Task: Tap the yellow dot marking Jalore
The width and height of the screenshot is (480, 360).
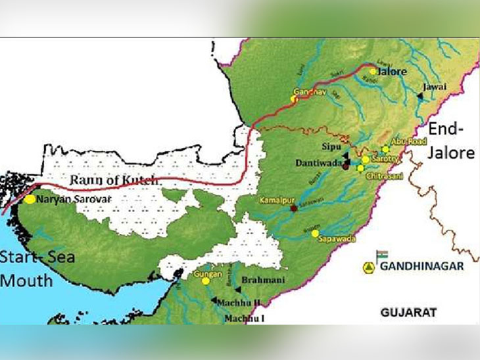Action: [373, 71]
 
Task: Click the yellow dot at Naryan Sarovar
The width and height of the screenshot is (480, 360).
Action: [31, 198]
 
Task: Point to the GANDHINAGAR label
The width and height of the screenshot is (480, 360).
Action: [422, 266]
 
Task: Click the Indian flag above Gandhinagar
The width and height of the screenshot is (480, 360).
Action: [382, 254]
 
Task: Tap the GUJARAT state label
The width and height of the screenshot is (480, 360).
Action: [408, 313]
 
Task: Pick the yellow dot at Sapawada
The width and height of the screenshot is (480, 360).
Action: [316, 233]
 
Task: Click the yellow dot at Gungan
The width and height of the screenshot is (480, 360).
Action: [206, 281]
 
